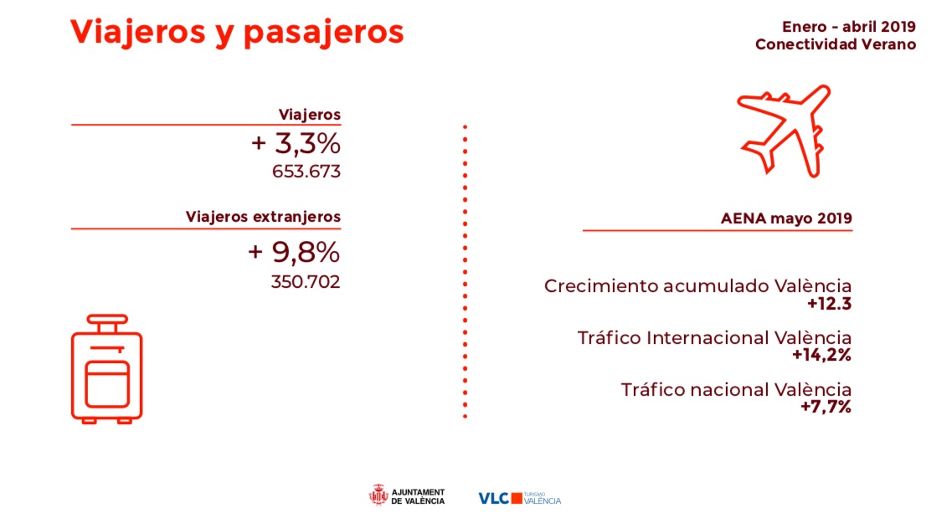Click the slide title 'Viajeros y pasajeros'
(237, 33)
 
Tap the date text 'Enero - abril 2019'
(848, 27)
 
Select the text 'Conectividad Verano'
(836, 44)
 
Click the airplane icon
(784, 131)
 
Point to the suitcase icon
(107, 368)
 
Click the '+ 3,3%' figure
(296, 144)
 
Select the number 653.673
(306, 172)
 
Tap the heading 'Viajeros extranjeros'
(263, 217)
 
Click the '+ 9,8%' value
(294, 253)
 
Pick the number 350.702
(306, 282)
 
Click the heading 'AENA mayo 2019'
(786, 218)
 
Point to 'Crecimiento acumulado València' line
(697, 286)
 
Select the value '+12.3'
(829, 304)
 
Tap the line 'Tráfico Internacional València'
(714, 337)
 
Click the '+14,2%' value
(821, 355)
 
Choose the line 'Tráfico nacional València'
(736, 390)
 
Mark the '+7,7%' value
(826, 407)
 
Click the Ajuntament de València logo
(407, 496)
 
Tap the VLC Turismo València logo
(519, 499)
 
